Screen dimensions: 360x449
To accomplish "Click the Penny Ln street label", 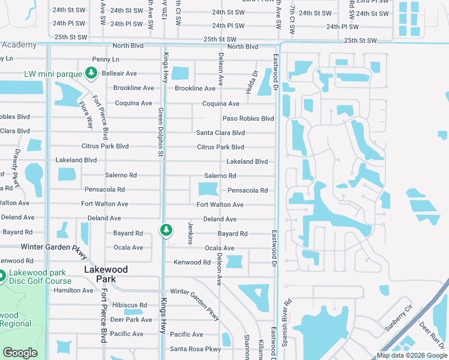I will click(x=106, y=59).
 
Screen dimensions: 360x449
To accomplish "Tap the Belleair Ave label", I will click(x=119, y=74).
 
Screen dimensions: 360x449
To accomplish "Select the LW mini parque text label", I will click(x=52, y=74).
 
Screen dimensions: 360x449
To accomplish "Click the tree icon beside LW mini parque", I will click(x=91, y=73).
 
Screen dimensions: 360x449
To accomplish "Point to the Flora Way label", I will click(x=86, y=115).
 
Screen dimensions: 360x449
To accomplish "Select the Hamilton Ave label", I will click(x=74, y=290).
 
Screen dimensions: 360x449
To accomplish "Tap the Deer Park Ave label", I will click(x=131, y=320).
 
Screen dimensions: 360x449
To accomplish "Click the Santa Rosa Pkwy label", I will click(x=196, y=349).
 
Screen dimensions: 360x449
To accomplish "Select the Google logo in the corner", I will click(x=20, y=353).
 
